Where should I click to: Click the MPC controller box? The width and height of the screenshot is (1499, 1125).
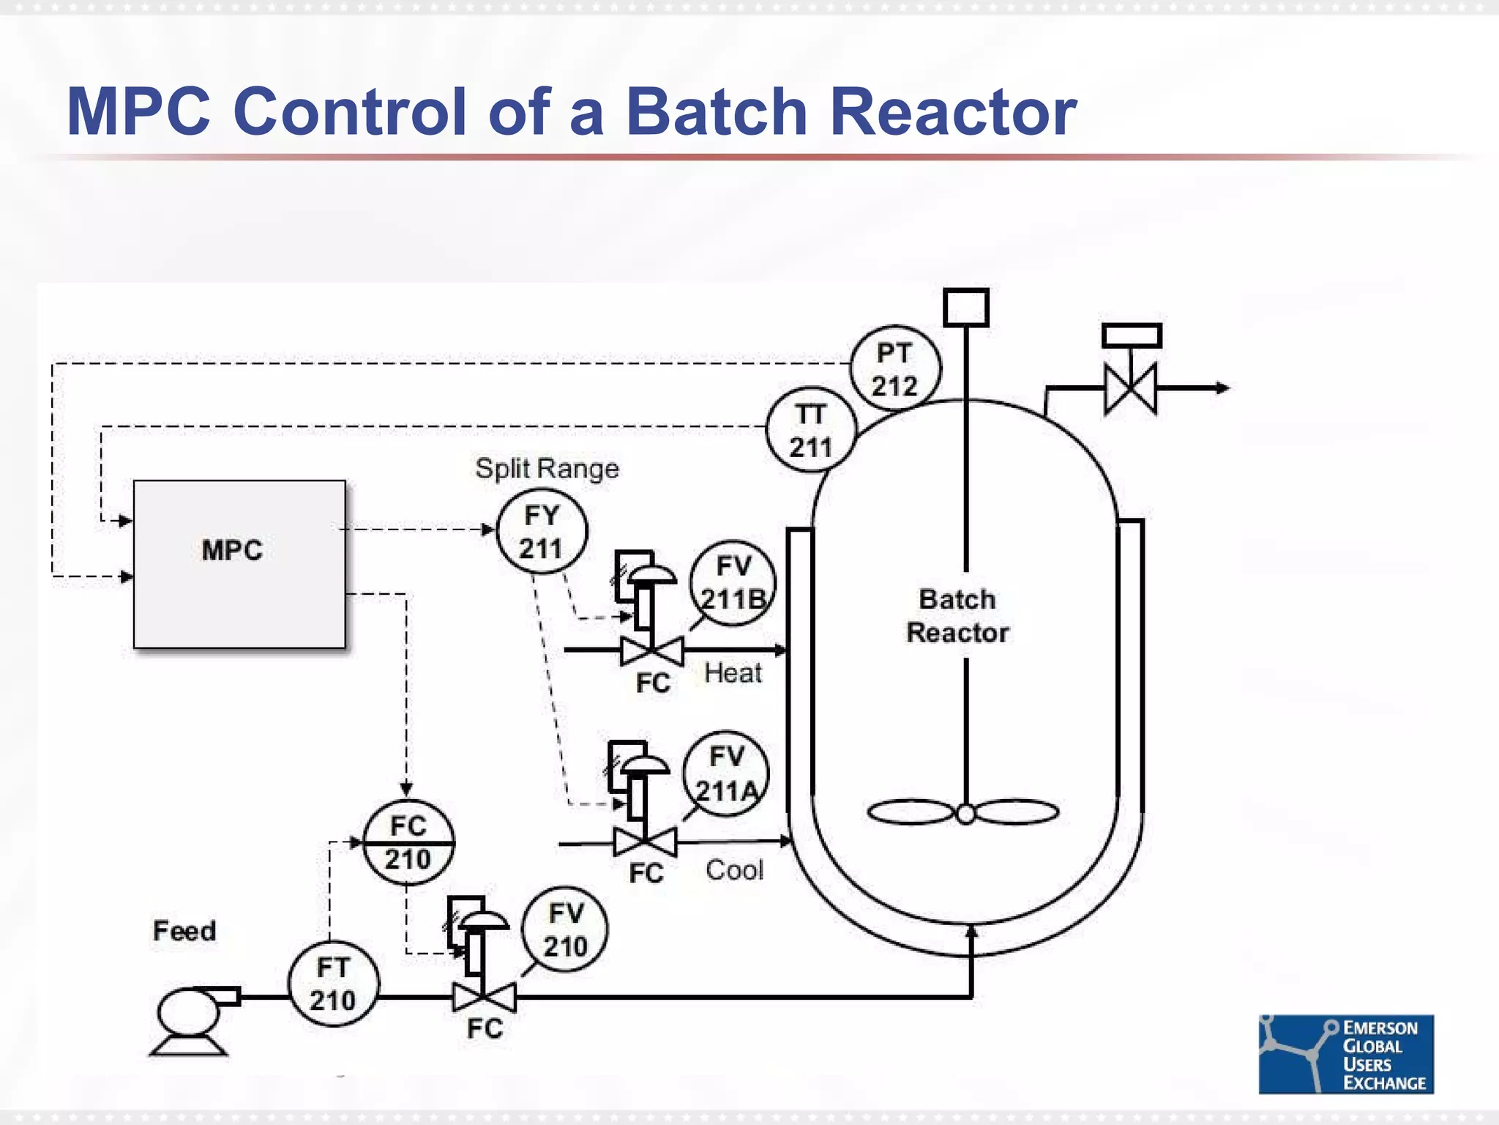[x=239, y=564]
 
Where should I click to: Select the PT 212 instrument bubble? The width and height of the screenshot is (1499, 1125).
[x=894, y=369]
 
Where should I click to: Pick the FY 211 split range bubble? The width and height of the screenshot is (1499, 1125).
[x=542, y=532]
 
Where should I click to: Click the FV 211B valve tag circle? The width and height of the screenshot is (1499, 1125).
[x=732, y=583]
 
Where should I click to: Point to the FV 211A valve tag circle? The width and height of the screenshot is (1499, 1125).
[x=726, y=774]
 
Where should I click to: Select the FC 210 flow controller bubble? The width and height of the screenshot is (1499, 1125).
[x=408, y=843]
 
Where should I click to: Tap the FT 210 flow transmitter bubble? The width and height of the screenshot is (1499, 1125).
[x=333, y=984]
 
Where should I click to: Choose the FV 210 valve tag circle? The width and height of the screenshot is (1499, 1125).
[x=565, y=930]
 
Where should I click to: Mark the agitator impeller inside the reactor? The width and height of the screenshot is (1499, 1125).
[x=963, y=812]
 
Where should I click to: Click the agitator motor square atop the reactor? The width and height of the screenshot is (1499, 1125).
[x=965, y=308]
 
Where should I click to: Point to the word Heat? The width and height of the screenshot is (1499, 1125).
[x=733, y=672]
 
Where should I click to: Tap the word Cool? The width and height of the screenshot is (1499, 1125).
[x=734, y=870]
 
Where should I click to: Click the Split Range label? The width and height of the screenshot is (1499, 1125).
[x=547, y=469]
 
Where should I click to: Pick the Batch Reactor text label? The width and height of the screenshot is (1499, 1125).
[x=957, y=616]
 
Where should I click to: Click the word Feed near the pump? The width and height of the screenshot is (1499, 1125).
[x=184, y=931]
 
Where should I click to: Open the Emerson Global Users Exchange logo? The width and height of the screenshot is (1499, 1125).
[x=1345, y=1054]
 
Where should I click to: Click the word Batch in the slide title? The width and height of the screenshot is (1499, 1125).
[x=717, y=112]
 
